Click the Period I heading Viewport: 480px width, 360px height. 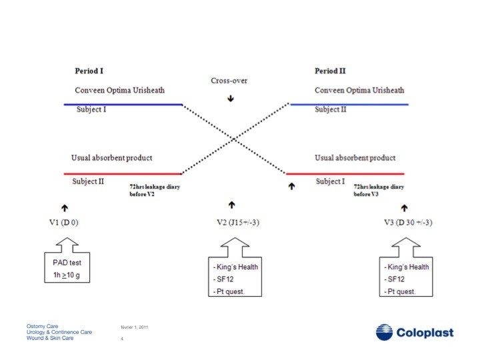(89, 71)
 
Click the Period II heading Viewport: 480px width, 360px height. (330, 71)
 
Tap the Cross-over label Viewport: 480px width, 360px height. (229, 81)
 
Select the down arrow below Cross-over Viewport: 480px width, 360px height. (231, 98)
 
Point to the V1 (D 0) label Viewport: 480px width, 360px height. (64, 222)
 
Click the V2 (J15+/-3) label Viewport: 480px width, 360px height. (238, 222)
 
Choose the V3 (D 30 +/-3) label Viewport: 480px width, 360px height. (409, 222)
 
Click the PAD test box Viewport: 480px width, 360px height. (67, 267)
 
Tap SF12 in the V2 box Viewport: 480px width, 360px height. (225, 279)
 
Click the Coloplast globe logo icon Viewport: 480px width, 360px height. (384, 332)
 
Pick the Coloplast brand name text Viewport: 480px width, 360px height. (425, 333)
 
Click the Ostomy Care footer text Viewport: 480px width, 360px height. (42, 326)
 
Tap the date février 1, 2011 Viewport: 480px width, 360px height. (135, 327)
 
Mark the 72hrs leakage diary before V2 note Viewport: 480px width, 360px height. (155, 191)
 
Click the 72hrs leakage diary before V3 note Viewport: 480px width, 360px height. (379, 191)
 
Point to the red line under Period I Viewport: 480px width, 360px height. (123, 174)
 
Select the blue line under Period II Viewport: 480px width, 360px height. (349, 105)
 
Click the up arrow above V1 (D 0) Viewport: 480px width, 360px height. (65, 208)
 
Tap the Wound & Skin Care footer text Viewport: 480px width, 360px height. (50, 338)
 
